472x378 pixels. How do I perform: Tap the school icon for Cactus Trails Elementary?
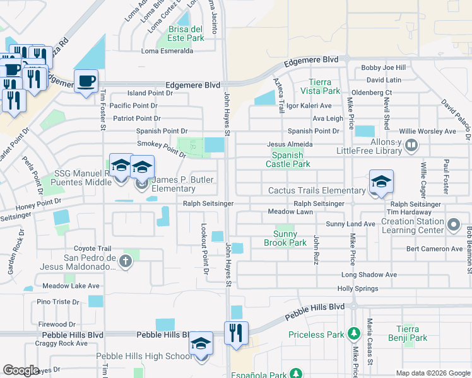click(381, 182)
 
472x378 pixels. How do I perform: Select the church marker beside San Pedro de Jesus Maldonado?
click(126, 261)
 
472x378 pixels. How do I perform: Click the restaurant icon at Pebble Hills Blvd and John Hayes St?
click(236, 332)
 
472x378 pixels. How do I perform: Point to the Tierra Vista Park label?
click(324, 87)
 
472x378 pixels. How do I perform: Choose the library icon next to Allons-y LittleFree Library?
click(411, 146)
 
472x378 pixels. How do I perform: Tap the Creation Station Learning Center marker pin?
click(453, 224)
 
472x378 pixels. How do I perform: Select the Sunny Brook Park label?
click(285, 238)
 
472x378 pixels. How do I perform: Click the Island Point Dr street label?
click(150, 93)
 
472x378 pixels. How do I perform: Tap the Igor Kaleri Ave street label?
click(309, 106)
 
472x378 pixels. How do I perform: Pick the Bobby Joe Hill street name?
click(383, 68)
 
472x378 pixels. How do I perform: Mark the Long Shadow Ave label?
click(369, 275)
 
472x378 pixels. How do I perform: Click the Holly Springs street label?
click(358, 289)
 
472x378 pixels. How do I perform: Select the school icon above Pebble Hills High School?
click(201, 343)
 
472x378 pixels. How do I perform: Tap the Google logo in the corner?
click(21, 370)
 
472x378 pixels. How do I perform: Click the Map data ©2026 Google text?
click(433, 373)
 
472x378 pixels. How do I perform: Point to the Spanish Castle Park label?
click(291, 160)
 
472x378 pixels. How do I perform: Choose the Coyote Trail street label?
click(92, 249)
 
